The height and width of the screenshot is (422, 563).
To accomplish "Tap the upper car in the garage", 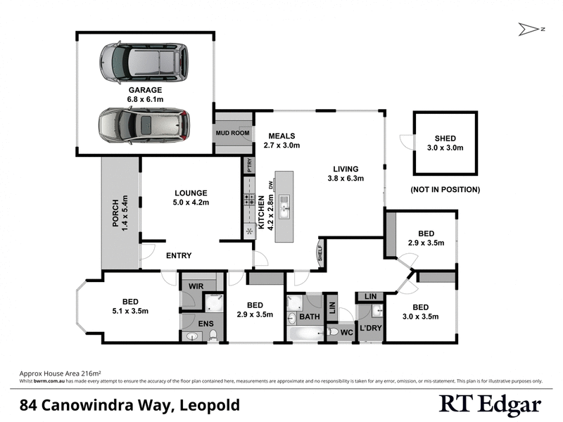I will (144, 62).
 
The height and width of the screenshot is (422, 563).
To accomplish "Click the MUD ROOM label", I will (232, 132).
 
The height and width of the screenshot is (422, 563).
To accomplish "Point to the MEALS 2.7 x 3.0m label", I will (281, 141).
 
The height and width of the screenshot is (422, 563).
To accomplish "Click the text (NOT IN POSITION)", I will (445, 190).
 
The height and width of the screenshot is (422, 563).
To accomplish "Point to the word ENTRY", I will (179, 256).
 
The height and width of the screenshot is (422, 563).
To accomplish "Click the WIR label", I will (195, 286).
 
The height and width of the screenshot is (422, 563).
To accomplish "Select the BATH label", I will (310, 316).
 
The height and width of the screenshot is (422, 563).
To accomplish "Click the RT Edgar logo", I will (490, 404).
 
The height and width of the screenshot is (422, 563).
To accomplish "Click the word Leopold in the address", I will (210, 405).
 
